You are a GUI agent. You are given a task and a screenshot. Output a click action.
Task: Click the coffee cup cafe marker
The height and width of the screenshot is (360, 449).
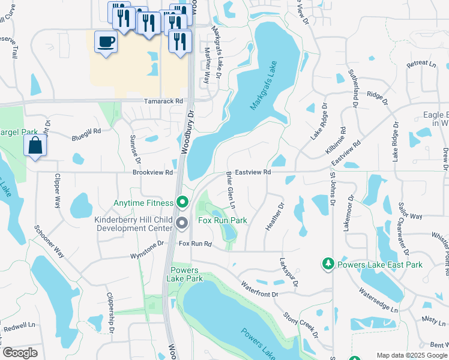(x=106, y=43)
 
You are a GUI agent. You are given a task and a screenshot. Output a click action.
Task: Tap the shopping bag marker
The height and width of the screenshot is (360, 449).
(x=35, y=146)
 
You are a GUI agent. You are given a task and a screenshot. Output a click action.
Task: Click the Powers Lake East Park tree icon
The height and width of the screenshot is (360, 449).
(x=328, y=264)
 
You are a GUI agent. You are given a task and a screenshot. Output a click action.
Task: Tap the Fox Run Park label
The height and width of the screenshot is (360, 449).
(x=223, y=221)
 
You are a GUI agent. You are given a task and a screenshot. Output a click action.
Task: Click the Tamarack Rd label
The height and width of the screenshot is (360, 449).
(x=163, y=101)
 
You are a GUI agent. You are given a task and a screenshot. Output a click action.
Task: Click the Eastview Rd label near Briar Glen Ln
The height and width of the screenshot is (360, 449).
(x=253, y=172)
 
